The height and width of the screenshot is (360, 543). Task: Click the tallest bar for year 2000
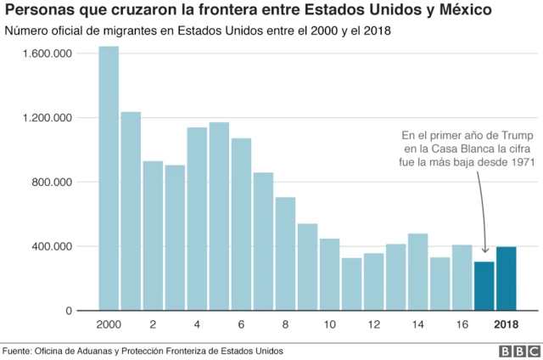point(109,178)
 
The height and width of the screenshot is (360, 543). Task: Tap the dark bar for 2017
point(484,286)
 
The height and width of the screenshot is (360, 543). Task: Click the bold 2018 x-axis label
point(507,326)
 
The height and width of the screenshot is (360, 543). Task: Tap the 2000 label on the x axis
point(109,326)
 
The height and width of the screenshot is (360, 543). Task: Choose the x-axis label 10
point(329,326)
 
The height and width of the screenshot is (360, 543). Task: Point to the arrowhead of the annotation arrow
point(484,250)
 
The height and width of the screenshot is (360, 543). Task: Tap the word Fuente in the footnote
point(20,350)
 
